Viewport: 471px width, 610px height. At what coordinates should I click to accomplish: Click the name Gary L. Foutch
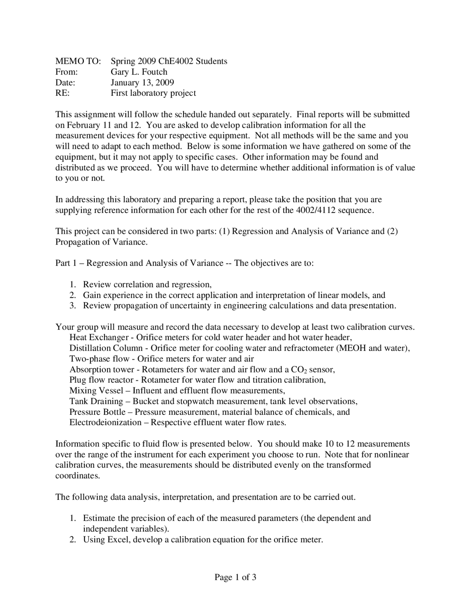[139, 72]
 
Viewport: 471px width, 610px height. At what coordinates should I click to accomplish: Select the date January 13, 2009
[142, 83]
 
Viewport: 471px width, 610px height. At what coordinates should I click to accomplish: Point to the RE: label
[62, 93]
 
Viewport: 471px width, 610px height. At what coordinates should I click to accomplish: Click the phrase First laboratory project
[153, 93]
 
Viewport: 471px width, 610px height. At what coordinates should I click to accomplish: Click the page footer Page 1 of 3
[235, 577]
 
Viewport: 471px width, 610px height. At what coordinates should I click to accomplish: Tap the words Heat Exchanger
[99, 337]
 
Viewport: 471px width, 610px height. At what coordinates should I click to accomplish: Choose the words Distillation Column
[106, 348]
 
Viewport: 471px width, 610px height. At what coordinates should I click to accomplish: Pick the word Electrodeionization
[105, 423]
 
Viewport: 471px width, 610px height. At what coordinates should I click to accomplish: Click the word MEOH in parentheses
[352, 348]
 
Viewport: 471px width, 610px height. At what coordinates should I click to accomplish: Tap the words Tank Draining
[96, 401]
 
